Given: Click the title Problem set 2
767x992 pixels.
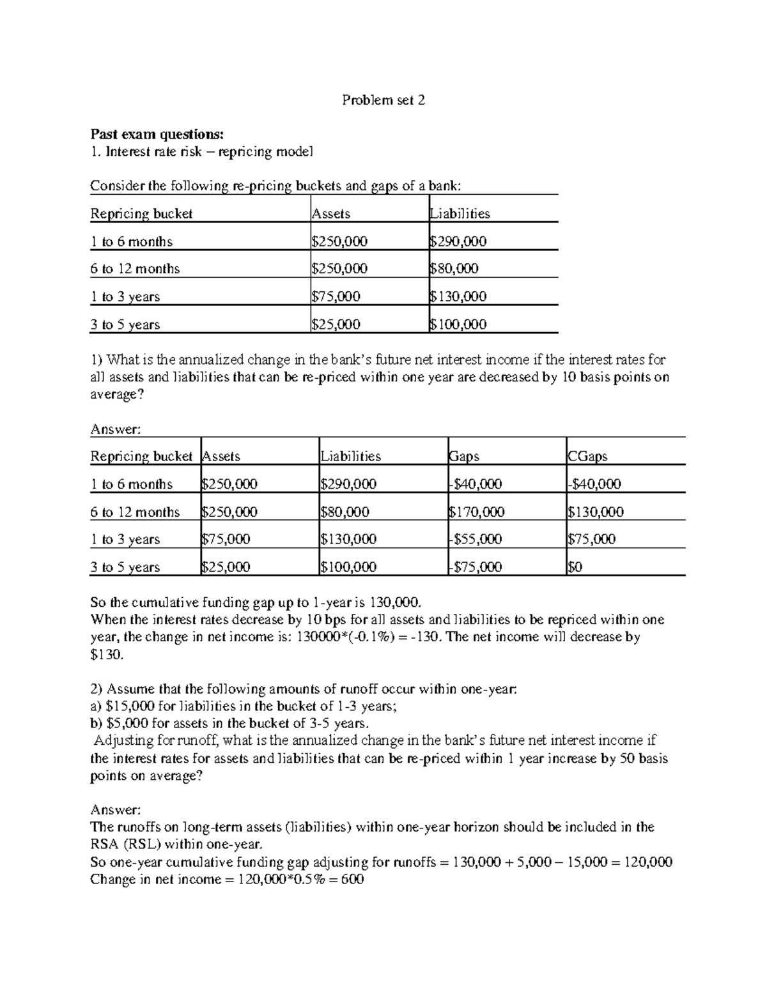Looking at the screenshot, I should coord(383,100).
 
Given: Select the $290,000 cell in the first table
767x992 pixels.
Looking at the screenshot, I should coord(458,241).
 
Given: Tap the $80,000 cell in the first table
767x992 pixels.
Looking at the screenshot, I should coord(454,269).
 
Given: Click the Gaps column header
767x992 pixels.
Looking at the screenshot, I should coord(464,456).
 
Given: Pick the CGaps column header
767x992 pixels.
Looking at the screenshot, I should coord(587,456).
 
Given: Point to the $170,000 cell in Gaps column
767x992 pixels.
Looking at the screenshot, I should coord(477,512).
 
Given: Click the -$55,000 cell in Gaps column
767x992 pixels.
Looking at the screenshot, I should coord(476,539).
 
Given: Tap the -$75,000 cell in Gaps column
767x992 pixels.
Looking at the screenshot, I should coord(476,567).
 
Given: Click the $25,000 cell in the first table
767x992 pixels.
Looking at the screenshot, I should coord(336,324).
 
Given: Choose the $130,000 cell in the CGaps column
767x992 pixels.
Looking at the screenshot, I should coord(595,512).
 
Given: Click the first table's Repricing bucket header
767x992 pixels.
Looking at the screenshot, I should coord(141,214).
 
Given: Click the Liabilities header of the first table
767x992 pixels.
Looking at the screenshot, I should coord(460,214).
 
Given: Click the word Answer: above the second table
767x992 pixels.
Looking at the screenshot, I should coord(114,429).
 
